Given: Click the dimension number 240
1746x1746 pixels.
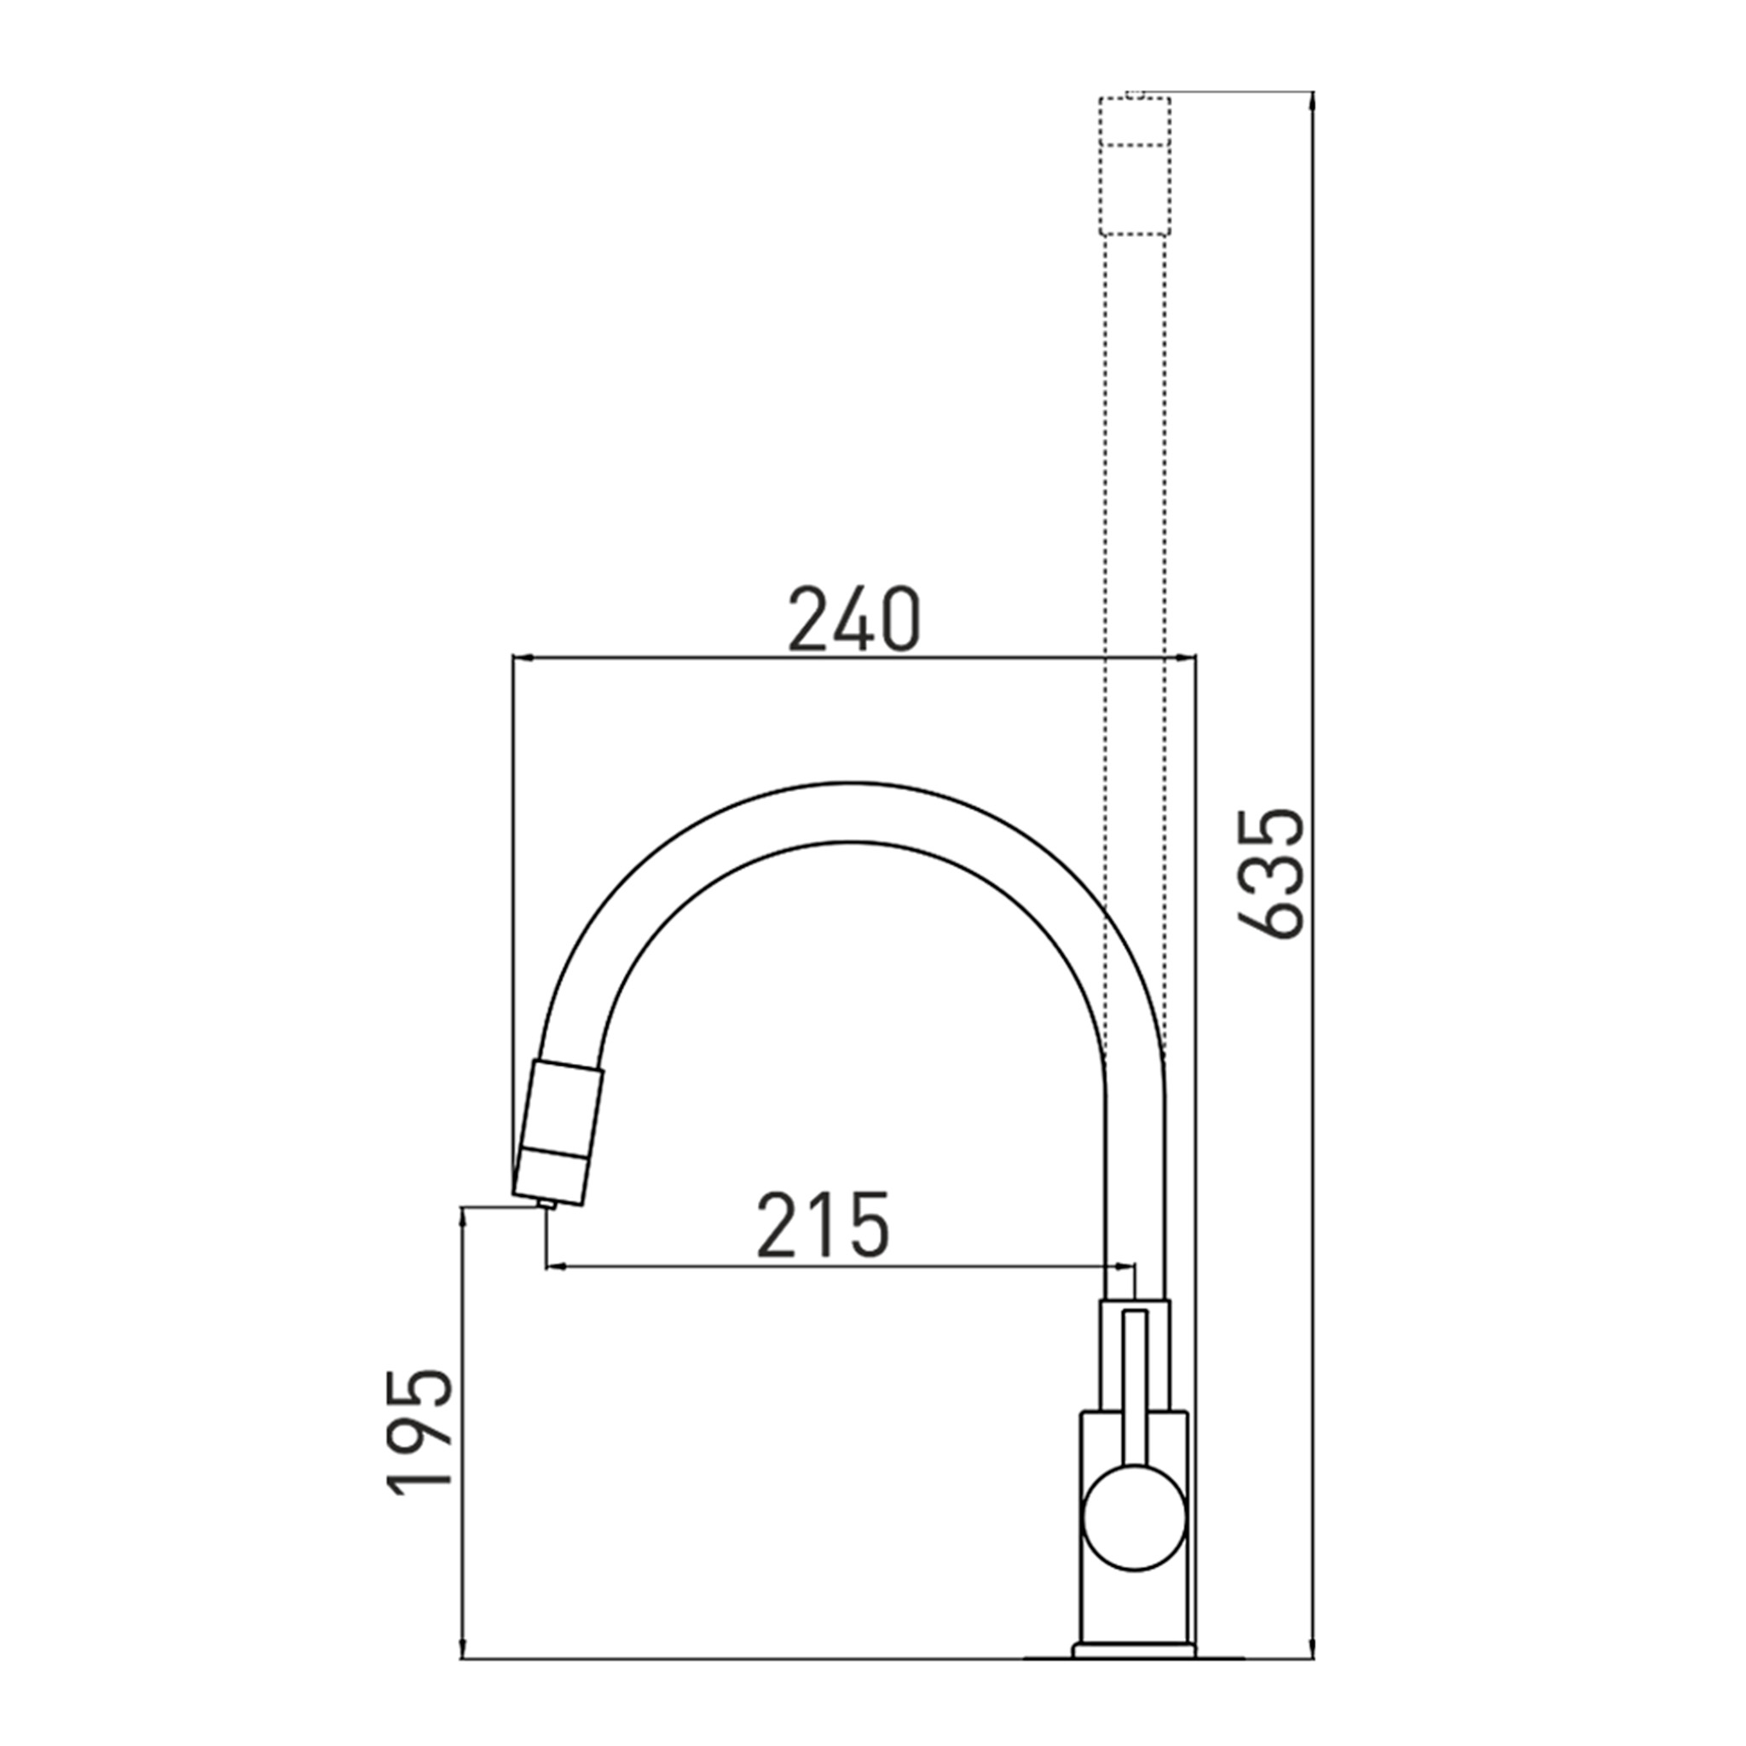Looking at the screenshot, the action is (x=854, y=619).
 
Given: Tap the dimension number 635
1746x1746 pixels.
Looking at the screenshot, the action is (x=1270, y=873).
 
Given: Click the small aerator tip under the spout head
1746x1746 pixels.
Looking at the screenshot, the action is (x=546, y=1203).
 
